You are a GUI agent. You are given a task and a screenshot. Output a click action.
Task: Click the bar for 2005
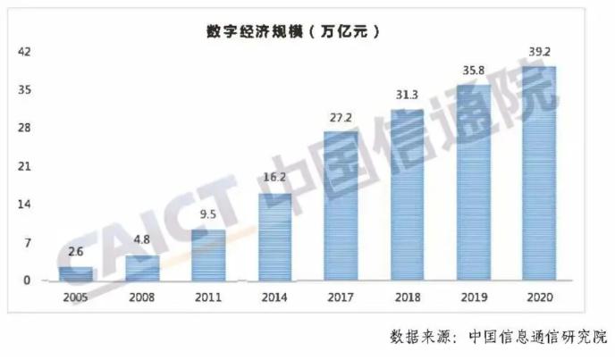pyautogui.click(x=76, y=273)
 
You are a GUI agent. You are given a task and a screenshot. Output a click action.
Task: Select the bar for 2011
pyautogui.click(x=208, y=255)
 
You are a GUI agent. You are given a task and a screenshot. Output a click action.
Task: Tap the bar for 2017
pyautogui.click(x=341, y=205)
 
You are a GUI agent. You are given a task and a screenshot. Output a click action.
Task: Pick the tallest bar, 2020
pyautogui.click(x=540, y=173)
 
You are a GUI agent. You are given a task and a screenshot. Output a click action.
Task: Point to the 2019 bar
pyautogui.click(x=474, y=183)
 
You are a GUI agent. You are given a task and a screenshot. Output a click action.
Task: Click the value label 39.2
pyautogui.click(x=540, y=52)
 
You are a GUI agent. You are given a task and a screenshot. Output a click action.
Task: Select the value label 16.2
pyautogui.click(x=274, y=177)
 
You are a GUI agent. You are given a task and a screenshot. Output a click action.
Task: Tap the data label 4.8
pyautogui.click(x=141, y=239)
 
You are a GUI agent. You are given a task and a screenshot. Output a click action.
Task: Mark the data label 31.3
pyautogui.click(x=407, y=95)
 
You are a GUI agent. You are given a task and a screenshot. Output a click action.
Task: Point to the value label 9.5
pyautogui.click(x=208, y=214)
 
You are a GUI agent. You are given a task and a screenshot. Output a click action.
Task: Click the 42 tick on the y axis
pyautogui.click(x=24, y=52)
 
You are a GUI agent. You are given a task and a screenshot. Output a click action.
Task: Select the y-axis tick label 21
pyautogui.click(x=24, y=166)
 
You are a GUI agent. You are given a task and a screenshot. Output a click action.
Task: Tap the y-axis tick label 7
pyautogui.click(x=28, y=243)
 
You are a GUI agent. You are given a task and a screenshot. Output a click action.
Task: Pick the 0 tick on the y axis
pyautogui.click(x=27, y=280)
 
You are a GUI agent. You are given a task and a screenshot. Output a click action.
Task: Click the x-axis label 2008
pyautogui.click(x=142, y=297)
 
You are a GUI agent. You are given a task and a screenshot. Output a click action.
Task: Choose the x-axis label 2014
pyautogui.click(x=274, y=297)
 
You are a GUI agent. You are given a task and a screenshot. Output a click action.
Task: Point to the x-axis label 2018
pyautogui.click(x=408, y=297)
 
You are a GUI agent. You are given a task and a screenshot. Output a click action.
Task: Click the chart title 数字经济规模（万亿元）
pyautogui.click(x=293, y=31)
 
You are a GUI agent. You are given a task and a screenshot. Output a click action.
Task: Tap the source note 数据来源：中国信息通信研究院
pyautogui.click(x=498, y=337)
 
